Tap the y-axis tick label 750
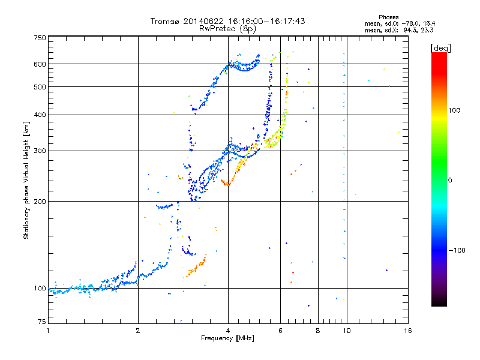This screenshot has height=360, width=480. point(40,38)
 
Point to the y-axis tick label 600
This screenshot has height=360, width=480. point(40,64)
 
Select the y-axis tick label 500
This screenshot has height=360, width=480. point(40,87)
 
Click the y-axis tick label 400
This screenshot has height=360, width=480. point(40,115)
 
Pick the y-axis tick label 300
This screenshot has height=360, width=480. point(40,151)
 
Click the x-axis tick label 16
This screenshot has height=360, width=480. point(407,331)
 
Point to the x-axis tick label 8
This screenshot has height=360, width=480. point(318,331)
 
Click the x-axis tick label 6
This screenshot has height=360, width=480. point(280,331)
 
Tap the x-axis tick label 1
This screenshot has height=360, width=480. point(49,331)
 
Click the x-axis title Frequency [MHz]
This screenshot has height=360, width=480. point(227,339)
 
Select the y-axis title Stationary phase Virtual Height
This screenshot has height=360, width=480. point(26,180)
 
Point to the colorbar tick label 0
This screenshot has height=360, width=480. point(452,180)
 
